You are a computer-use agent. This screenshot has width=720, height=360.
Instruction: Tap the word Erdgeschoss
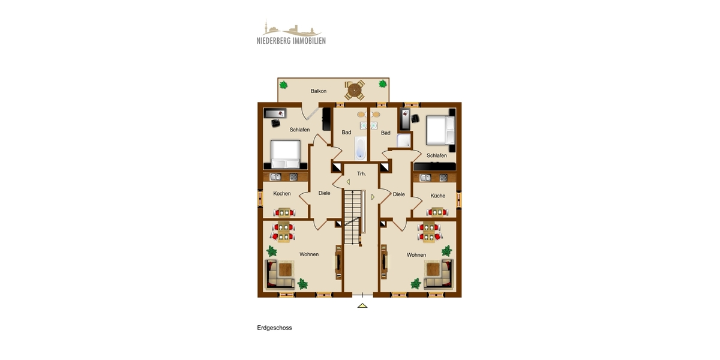tap(274, 328)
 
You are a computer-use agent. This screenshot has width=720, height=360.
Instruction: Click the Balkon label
tap(319, 91)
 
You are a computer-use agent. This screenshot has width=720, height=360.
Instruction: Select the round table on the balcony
tap(355, 91)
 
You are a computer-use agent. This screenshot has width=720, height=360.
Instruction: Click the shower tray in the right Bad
tap(404, 140)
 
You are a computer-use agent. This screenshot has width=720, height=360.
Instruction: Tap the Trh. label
tap(361, 173)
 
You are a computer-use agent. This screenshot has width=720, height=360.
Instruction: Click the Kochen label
tap(282, 194)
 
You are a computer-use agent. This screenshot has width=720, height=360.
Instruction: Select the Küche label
tap(437, 196)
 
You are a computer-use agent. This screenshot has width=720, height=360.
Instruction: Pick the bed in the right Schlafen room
tap(441, 131)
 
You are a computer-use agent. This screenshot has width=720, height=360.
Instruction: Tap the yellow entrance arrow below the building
tap(362, 305)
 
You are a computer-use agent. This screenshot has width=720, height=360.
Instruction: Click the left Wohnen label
tap(308, 254)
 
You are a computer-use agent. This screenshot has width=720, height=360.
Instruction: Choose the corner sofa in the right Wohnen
tap(437, 274)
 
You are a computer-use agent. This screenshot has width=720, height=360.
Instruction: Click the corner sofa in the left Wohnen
tap(281, 274)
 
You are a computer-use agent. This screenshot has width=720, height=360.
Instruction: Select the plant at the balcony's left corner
tap(285, 85)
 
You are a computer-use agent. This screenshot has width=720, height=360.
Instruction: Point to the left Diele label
tap(324, 193)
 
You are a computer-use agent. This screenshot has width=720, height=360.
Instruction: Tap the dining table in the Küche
tap(436, 212)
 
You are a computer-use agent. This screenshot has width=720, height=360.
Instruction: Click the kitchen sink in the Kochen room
tap(276, 177)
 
